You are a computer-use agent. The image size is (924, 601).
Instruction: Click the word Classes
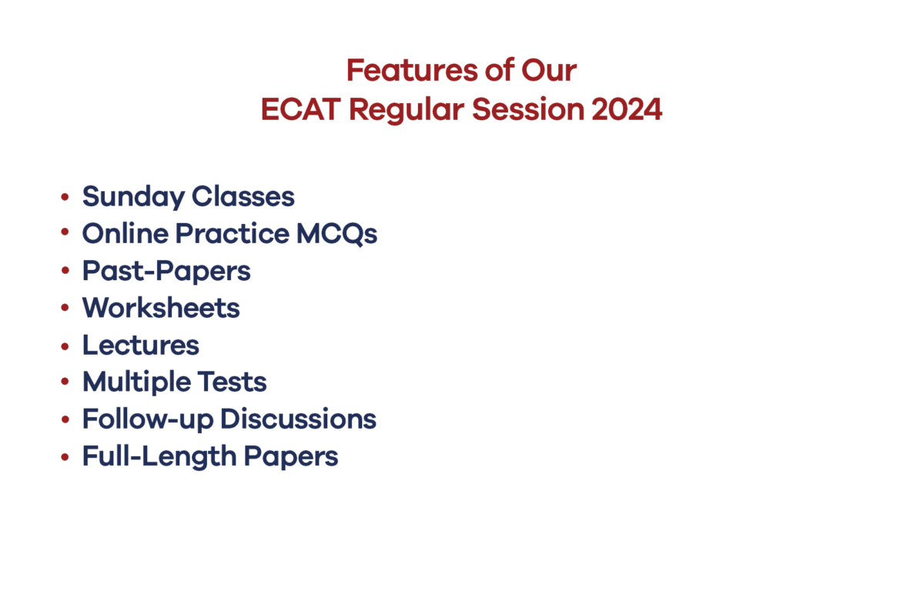tap(243, 196)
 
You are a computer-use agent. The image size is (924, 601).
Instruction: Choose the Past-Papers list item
tap(166, 272)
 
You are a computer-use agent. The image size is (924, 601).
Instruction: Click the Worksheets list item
tap(161, 308)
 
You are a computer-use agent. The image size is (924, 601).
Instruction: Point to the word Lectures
tap(141, 345)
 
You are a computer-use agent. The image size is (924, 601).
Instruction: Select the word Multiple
tap(135, 382)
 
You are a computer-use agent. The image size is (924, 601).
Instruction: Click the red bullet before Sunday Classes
tap(65, 198)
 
